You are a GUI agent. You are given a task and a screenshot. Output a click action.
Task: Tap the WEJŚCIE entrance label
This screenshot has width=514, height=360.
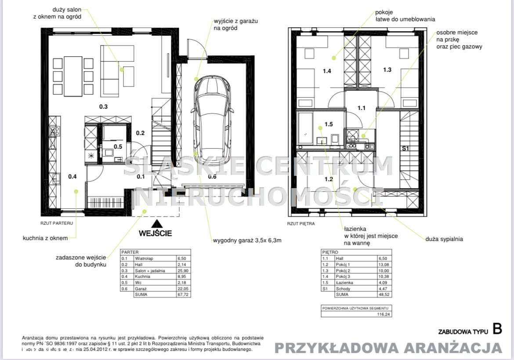[156, 233]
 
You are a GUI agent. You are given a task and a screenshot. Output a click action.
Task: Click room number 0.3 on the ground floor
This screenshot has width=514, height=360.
[103, 106]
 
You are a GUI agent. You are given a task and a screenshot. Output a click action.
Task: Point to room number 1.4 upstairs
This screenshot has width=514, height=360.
[327, 70]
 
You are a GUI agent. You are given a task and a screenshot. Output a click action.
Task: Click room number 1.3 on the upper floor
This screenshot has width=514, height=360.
[387, 69]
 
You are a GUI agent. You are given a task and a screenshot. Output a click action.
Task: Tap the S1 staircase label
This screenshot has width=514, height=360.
[405, 149]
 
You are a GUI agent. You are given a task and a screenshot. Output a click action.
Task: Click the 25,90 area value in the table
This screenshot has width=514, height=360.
[182, 271]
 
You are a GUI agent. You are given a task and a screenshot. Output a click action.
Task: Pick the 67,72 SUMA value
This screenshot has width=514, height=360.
[182, 295]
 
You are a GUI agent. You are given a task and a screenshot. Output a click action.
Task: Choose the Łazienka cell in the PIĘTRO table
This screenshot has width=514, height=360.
[344, 283]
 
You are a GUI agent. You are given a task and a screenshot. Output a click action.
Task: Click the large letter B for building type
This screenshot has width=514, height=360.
[497, 329]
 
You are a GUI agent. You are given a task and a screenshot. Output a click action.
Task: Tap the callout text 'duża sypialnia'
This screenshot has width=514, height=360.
[444, 239]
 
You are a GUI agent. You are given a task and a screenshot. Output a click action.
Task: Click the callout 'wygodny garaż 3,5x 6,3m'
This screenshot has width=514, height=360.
[247, 240]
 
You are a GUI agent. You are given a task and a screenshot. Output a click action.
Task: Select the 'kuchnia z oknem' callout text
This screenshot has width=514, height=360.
[45, 238]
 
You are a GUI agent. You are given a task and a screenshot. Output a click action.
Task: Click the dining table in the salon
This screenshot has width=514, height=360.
[73, 76]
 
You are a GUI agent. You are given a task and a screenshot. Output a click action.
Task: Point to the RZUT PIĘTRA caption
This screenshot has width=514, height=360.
[301, 223]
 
